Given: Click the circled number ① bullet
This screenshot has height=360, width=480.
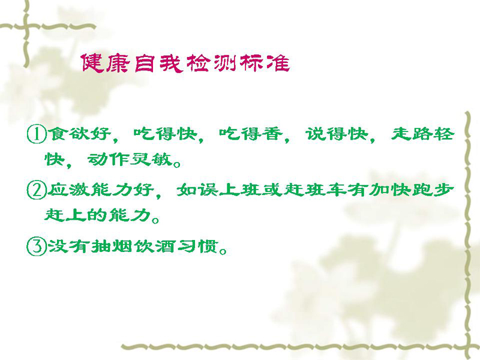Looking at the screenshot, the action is click(37, 134).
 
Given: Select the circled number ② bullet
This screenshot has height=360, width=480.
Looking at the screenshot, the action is click(37, 190).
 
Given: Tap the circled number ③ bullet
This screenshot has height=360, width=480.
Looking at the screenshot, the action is click(37, 247).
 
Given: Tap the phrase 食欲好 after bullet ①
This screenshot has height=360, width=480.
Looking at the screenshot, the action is click(79, 134).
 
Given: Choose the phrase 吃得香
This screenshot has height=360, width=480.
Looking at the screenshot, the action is click(250, 134).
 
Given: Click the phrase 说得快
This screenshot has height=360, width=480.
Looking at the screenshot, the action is click(337, 134).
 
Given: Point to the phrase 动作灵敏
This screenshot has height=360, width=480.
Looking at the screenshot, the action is click(130, 160).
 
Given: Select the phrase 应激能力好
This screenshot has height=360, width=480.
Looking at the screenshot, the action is click(100, 190).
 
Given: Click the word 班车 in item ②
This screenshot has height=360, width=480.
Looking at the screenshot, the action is click(326, 190).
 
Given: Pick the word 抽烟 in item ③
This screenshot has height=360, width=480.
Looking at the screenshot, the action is click(112, 246).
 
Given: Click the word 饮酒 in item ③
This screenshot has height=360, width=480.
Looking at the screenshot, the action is click(154, 246).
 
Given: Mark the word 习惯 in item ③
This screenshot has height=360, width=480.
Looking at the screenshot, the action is click(197, 246).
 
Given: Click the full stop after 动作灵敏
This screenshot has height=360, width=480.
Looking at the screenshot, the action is click(176, 164).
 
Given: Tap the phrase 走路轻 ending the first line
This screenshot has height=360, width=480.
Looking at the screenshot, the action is click(422, 134).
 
